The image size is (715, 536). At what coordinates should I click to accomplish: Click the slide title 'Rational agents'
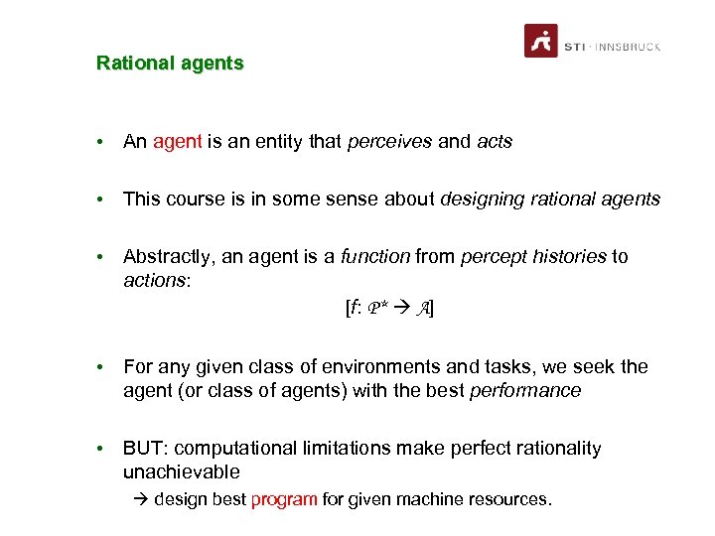point(170,64)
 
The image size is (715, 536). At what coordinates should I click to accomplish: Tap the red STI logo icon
point(541,41)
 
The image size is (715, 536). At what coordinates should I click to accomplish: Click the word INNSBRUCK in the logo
point(628,47)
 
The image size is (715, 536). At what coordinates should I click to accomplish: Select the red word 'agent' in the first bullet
point(178,142)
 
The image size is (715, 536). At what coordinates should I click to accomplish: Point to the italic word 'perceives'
point(389,142)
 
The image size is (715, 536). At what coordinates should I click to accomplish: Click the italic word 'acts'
point(495,142)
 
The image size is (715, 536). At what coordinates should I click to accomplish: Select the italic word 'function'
point(375,257)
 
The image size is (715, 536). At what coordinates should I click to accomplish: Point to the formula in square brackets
point(389,309)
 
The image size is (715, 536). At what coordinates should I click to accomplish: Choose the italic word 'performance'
point(526,391)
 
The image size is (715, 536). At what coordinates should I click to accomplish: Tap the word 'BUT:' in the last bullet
point(144,449)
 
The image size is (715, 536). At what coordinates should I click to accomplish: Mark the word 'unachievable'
point(182,472)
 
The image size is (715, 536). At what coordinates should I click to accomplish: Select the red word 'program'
point(284,499)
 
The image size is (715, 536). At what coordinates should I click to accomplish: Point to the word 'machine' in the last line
point(428,499)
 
